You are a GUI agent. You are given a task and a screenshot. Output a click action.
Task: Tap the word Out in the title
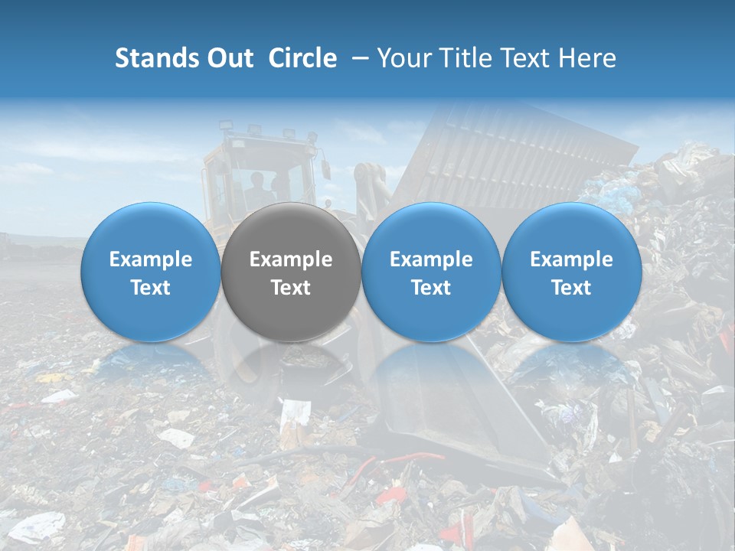(230, 58)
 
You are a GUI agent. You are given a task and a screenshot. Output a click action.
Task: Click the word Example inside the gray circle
(291, 259)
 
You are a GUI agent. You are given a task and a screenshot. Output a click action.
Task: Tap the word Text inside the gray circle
(291, 288)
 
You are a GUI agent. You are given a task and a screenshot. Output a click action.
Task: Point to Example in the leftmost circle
(151, 259)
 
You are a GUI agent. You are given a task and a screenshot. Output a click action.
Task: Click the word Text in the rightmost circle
(571, 288)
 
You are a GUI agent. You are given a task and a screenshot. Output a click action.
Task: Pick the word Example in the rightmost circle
(571, 259)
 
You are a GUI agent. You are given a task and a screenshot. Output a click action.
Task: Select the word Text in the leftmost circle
(151, 288)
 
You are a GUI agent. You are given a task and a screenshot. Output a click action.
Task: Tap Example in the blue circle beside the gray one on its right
(431, 259)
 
